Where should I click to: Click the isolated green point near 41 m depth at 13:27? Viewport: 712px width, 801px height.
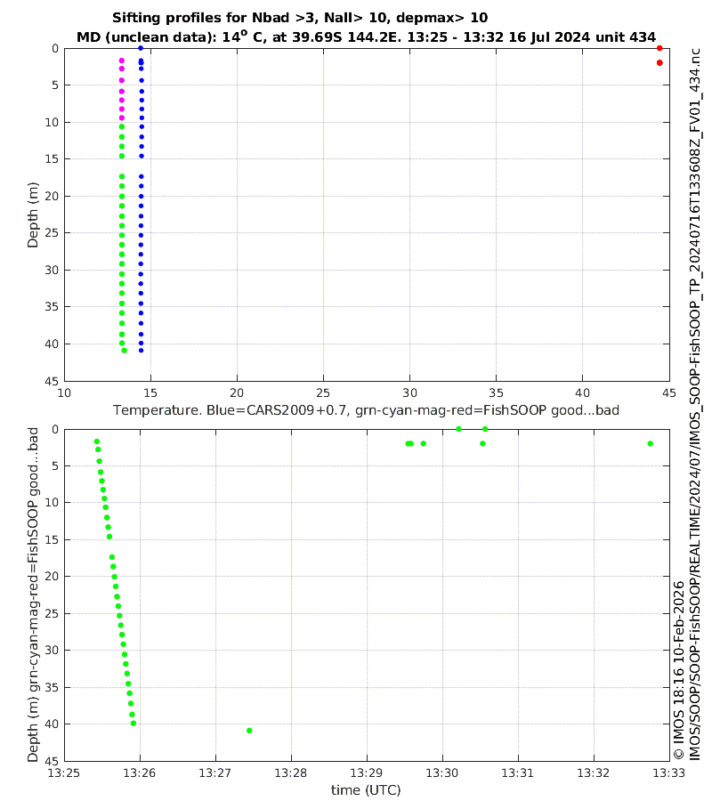(249, 731)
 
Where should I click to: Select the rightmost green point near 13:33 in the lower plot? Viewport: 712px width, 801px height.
(651, 443)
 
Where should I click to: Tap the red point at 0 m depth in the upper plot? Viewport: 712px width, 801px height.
(659, 48)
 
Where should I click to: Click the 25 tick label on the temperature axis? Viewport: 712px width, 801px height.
(323, 392)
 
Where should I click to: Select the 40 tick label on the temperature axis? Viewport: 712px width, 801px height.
(582, 392)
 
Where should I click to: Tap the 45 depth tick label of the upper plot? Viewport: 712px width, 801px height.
(52, 380)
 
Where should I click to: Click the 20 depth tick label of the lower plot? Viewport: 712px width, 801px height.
(52, 577)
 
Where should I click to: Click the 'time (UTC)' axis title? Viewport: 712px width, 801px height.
(366, 789)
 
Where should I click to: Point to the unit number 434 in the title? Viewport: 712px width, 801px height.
(643, 37)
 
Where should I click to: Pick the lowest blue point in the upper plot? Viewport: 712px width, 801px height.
(141, 350)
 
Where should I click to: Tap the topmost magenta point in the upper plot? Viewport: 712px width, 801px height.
(122, 61)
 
